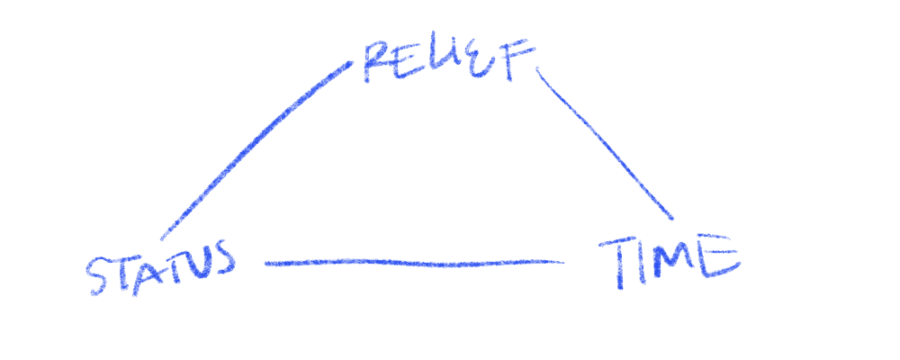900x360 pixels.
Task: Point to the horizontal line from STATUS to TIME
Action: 414,263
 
